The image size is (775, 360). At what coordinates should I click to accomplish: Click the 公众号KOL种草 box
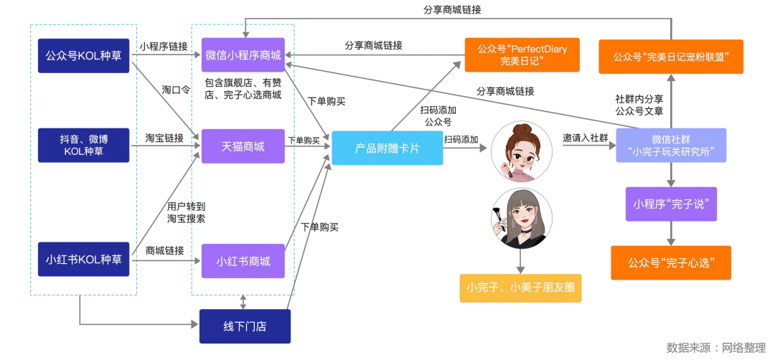pos(83,55)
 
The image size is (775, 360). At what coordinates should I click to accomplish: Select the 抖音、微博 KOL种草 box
pos(83,146)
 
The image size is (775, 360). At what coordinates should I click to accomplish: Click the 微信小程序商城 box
pos(243,55)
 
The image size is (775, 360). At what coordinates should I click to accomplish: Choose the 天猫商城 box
pos(243,146)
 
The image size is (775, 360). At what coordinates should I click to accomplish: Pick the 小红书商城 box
pos(243,261)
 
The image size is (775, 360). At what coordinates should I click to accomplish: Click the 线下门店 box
pos(245,327)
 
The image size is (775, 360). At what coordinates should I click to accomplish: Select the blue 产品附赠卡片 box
pos(387,148)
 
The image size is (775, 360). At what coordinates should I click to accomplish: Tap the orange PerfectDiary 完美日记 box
pos(522,55)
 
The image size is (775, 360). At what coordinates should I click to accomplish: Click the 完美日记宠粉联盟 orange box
pos(671,55)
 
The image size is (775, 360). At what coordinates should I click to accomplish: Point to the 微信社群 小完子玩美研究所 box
pos(671,146)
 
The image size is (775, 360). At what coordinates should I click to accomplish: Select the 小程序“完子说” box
pos(671,204)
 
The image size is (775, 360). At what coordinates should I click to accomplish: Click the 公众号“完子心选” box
pos(671,262)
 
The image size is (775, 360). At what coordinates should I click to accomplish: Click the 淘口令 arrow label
pos(176,90)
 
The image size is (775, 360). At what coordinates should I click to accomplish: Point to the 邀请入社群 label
pos(586,137)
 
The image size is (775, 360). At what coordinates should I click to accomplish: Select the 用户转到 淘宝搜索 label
pos(186,212)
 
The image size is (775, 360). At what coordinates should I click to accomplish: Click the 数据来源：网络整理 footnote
pos(715,348)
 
